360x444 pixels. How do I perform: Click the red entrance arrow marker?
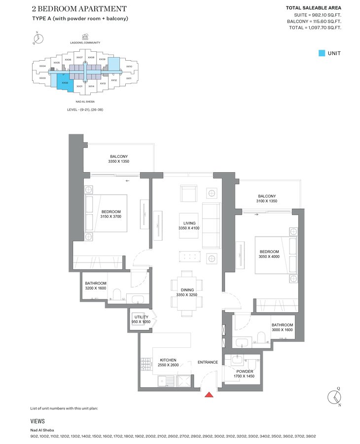pyautogui.click(x=209, y=394)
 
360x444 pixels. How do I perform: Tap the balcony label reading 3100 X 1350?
pyautogui.click(x=266, y=199)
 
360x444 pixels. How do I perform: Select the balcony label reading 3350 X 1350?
pyautogui.click(x=118, y=159)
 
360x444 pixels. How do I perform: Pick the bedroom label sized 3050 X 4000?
pyautogui.click(x=269, y=254)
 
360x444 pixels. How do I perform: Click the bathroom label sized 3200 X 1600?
pyautogui.click(x=95, y=285)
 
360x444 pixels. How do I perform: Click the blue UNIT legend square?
pyautogui.click(x=322, y=53)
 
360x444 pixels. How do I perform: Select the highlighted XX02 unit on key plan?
pyautogui.click(x=65, y=82)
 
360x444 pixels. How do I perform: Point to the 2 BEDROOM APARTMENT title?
pyautogui.click(x=79, y=9)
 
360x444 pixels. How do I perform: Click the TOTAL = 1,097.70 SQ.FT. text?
pyautogui.click(x=315, y=28)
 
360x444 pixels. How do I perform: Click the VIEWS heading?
pyautogui.click(x=37, y=421)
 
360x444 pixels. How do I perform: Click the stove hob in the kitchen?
pyautogui.click(x=145, y=364)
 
